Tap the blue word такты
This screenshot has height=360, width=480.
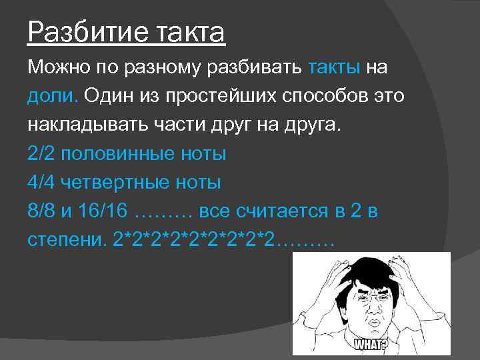pos(335,69)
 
